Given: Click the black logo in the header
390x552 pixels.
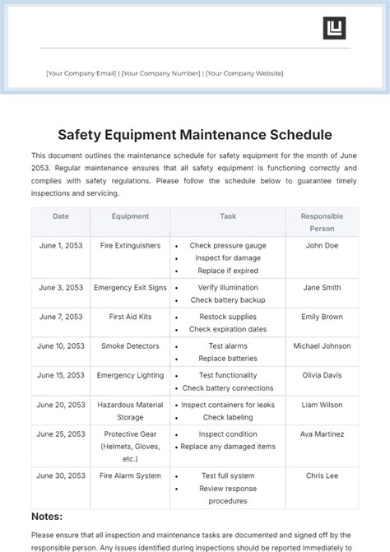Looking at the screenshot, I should pyautogui.click(x=334, y=28).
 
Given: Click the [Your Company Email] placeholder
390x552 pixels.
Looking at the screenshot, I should pyautogui.click(x=81, y=73).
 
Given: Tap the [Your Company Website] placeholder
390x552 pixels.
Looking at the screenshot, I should pyautogui.click(x=244, y=73).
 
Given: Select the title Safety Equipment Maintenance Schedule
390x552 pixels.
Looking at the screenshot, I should pyautogui.click(x=195, y=133).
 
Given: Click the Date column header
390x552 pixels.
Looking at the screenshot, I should pyautogui.click(x=61, y=216).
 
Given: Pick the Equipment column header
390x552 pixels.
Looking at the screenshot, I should pyautogui.click(x=130, y=216).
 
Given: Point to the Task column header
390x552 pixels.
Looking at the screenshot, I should pyautogui.click(x=228, y=216).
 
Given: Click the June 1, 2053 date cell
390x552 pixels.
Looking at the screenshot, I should pyautogui.click(x=61, y=245).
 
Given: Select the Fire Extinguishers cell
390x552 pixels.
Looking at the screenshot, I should pyautogui.click(x=130, y=245).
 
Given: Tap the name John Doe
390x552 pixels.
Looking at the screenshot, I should pyautogui.click(x=322, y=245).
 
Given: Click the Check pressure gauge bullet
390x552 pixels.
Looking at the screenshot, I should pyautogui.click(x=228, y=245).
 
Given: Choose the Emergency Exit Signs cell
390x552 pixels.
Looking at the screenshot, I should pyautogui.click(x=130, y=288).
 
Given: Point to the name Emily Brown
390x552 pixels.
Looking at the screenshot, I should pyautogui.click(x=322, y=317).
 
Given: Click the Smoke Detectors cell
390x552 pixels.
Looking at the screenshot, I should pyautogui.click(x=130, y=346).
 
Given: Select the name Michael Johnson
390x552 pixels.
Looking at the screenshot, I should pyautogui.click(x=322, y=346).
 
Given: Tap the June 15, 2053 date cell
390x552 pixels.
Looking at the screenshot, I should pyautogui.click(x=61, y=375).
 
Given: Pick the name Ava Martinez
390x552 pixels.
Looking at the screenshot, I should pyautogui.click(x=322, y=434).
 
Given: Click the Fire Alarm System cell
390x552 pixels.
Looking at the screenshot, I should pyautogui.click(x=130, y=475).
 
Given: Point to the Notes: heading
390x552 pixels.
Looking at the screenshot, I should pyautogui.click(x=47, y=517).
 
